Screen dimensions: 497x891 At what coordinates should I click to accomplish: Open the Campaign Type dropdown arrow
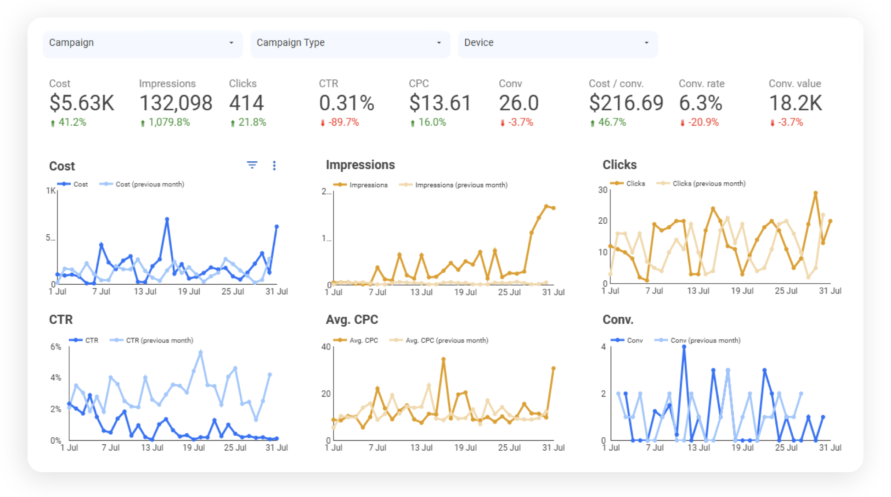pyautogui.click(x=439, y=43)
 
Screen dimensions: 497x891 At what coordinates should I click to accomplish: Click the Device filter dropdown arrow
pyautogui.click(x=646, y=43)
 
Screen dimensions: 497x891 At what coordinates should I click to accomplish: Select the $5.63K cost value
pyautogui.click(x=82, y=103)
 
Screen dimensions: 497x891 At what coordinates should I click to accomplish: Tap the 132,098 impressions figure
pyautogui.click(x=175, y=103)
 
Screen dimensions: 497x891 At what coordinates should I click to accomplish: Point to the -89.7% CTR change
pyautogui.click(x=343, y=122)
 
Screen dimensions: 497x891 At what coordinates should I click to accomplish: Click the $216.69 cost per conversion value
pyautogui.click(x=626, y=103)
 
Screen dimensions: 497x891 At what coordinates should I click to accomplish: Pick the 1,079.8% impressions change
pyautogui.click(x=169, y=122)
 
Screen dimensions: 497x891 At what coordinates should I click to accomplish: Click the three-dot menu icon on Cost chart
pyautogui.click(x=274, y=165)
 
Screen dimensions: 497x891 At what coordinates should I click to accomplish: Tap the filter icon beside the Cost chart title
pyautogui.click(x=252, y=165)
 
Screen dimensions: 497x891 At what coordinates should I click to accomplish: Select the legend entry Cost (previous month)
pyautogui.click(x=149, y=184)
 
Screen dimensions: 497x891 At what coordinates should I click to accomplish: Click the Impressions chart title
pyautogui.click(x=360, y=165)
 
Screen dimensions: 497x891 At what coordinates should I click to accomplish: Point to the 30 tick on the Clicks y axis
pyautogui.click(x=603, y=190)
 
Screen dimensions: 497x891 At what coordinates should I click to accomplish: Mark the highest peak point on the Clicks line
pyautogui.click(x=816, y=193)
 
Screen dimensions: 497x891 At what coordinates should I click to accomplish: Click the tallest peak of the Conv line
pyautogui.click(x=684, y=347)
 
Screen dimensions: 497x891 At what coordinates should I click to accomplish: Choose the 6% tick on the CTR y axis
pyautogui.click(x=56, y=347)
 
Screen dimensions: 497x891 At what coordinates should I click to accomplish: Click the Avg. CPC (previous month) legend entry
pyautogui.click(x=446, y=340)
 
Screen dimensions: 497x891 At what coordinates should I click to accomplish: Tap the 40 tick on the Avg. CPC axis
pyautogui.click(x=326, y=347)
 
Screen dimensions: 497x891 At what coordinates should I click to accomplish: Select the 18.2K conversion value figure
pyautogui.click(x=795, y=103)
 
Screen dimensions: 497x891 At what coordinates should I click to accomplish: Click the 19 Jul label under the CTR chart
pyautogui.click(x=193, y=447)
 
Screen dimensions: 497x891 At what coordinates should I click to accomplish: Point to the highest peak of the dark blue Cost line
pyautogui.click(x=167, y=219)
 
